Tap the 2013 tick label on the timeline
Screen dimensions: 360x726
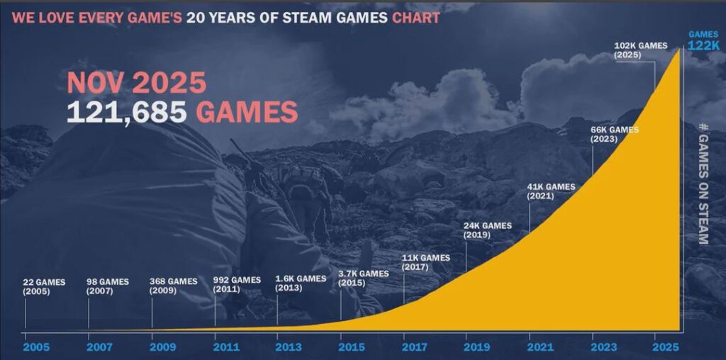288,347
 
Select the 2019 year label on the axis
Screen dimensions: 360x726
476,347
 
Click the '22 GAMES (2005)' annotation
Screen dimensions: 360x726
44,286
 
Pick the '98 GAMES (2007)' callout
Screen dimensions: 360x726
108,286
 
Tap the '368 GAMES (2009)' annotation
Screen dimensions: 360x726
173,286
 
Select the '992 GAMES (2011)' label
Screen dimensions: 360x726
237,284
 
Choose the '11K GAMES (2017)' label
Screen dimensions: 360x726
425,262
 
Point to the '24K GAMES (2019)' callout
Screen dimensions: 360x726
487,230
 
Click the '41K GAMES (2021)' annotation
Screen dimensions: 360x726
551,191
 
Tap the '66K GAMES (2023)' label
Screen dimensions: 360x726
614,135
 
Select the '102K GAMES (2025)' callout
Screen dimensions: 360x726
641,50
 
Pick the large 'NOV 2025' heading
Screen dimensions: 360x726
136,84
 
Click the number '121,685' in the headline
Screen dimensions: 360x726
127,112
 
